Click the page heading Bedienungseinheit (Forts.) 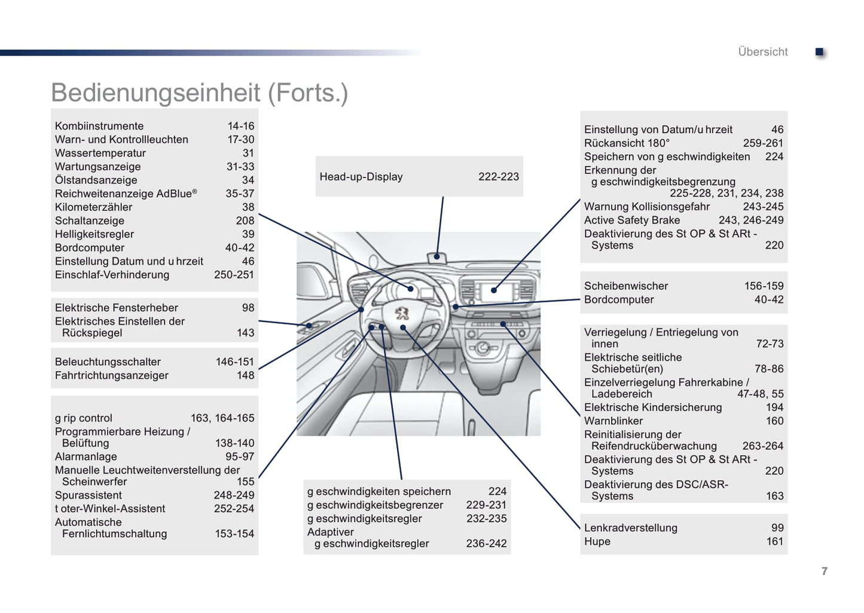tap(199, 93)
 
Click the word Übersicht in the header tap(762, 52)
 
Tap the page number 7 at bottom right tap(825, 571)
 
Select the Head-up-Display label tap(361, 177)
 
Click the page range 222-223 tap(498, 177)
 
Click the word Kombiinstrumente tap(99, 126)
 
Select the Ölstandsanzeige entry tap(96, 180)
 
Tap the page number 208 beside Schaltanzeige tap(245, 221)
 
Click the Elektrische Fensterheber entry tap(117, 308)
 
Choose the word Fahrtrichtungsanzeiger tap(112, 376)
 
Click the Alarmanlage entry tap(86, 457)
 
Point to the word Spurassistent tap(88, 495)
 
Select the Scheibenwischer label tap(626, 286)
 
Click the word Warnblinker tap(613, 421)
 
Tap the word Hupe tap(597, 542)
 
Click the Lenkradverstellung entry tap(631, 528)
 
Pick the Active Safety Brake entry tap(632, 220)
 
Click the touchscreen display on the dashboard tap(495, 291)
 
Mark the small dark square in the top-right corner tap(820, 53)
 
